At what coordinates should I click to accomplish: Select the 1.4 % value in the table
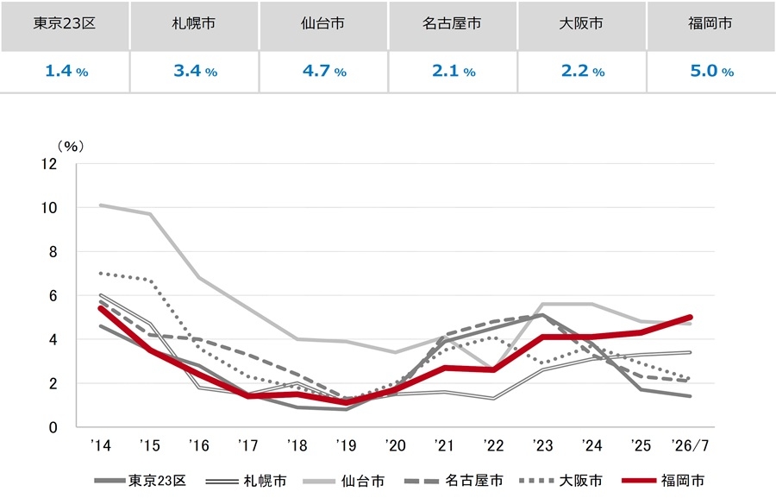pyautogui.click(x=66, y=71)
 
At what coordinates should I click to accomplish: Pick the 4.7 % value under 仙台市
pyautogui.click(x=324, y=71)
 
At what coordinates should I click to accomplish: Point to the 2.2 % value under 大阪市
pyautogui.click(x=583, y=71)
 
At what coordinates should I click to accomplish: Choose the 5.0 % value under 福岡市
pyautogui.click(x=711, y=71)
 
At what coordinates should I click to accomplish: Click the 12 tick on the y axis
pyautogui.click(x=49, y=163)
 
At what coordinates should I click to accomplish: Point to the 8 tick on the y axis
pyautogui.click(x=53, y=252)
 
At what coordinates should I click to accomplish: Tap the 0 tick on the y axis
pyautogui.click(x=53, y=427)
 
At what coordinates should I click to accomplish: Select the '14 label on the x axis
pyautogui.click(x=101, y=445)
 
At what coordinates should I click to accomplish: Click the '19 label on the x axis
pyautogui.click(x=346, y=445)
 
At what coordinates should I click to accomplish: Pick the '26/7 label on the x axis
pyautogui.click(x=690, y=445)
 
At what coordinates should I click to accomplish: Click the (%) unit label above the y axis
pyautogui.click(x=71, y=146)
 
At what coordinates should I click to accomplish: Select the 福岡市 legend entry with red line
pyautogui.click(x=663, y=481)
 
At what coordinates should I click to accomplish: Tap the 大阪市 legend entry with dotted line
pyautogui.click(x=561, y=481)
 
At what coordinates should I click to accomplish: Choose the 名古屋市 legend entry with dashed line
pyautogui.click(x=454, y=481)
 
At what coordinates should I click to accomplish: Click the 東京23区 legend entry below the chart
pyautogui.click(x=140, y=481)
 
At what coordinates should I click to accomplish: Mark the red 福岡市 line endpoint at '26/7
pyautogui.click(x=690, y=317)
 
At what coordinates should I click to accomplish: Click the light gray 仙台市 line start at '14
pyautogui.click(x=101, y=205)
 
